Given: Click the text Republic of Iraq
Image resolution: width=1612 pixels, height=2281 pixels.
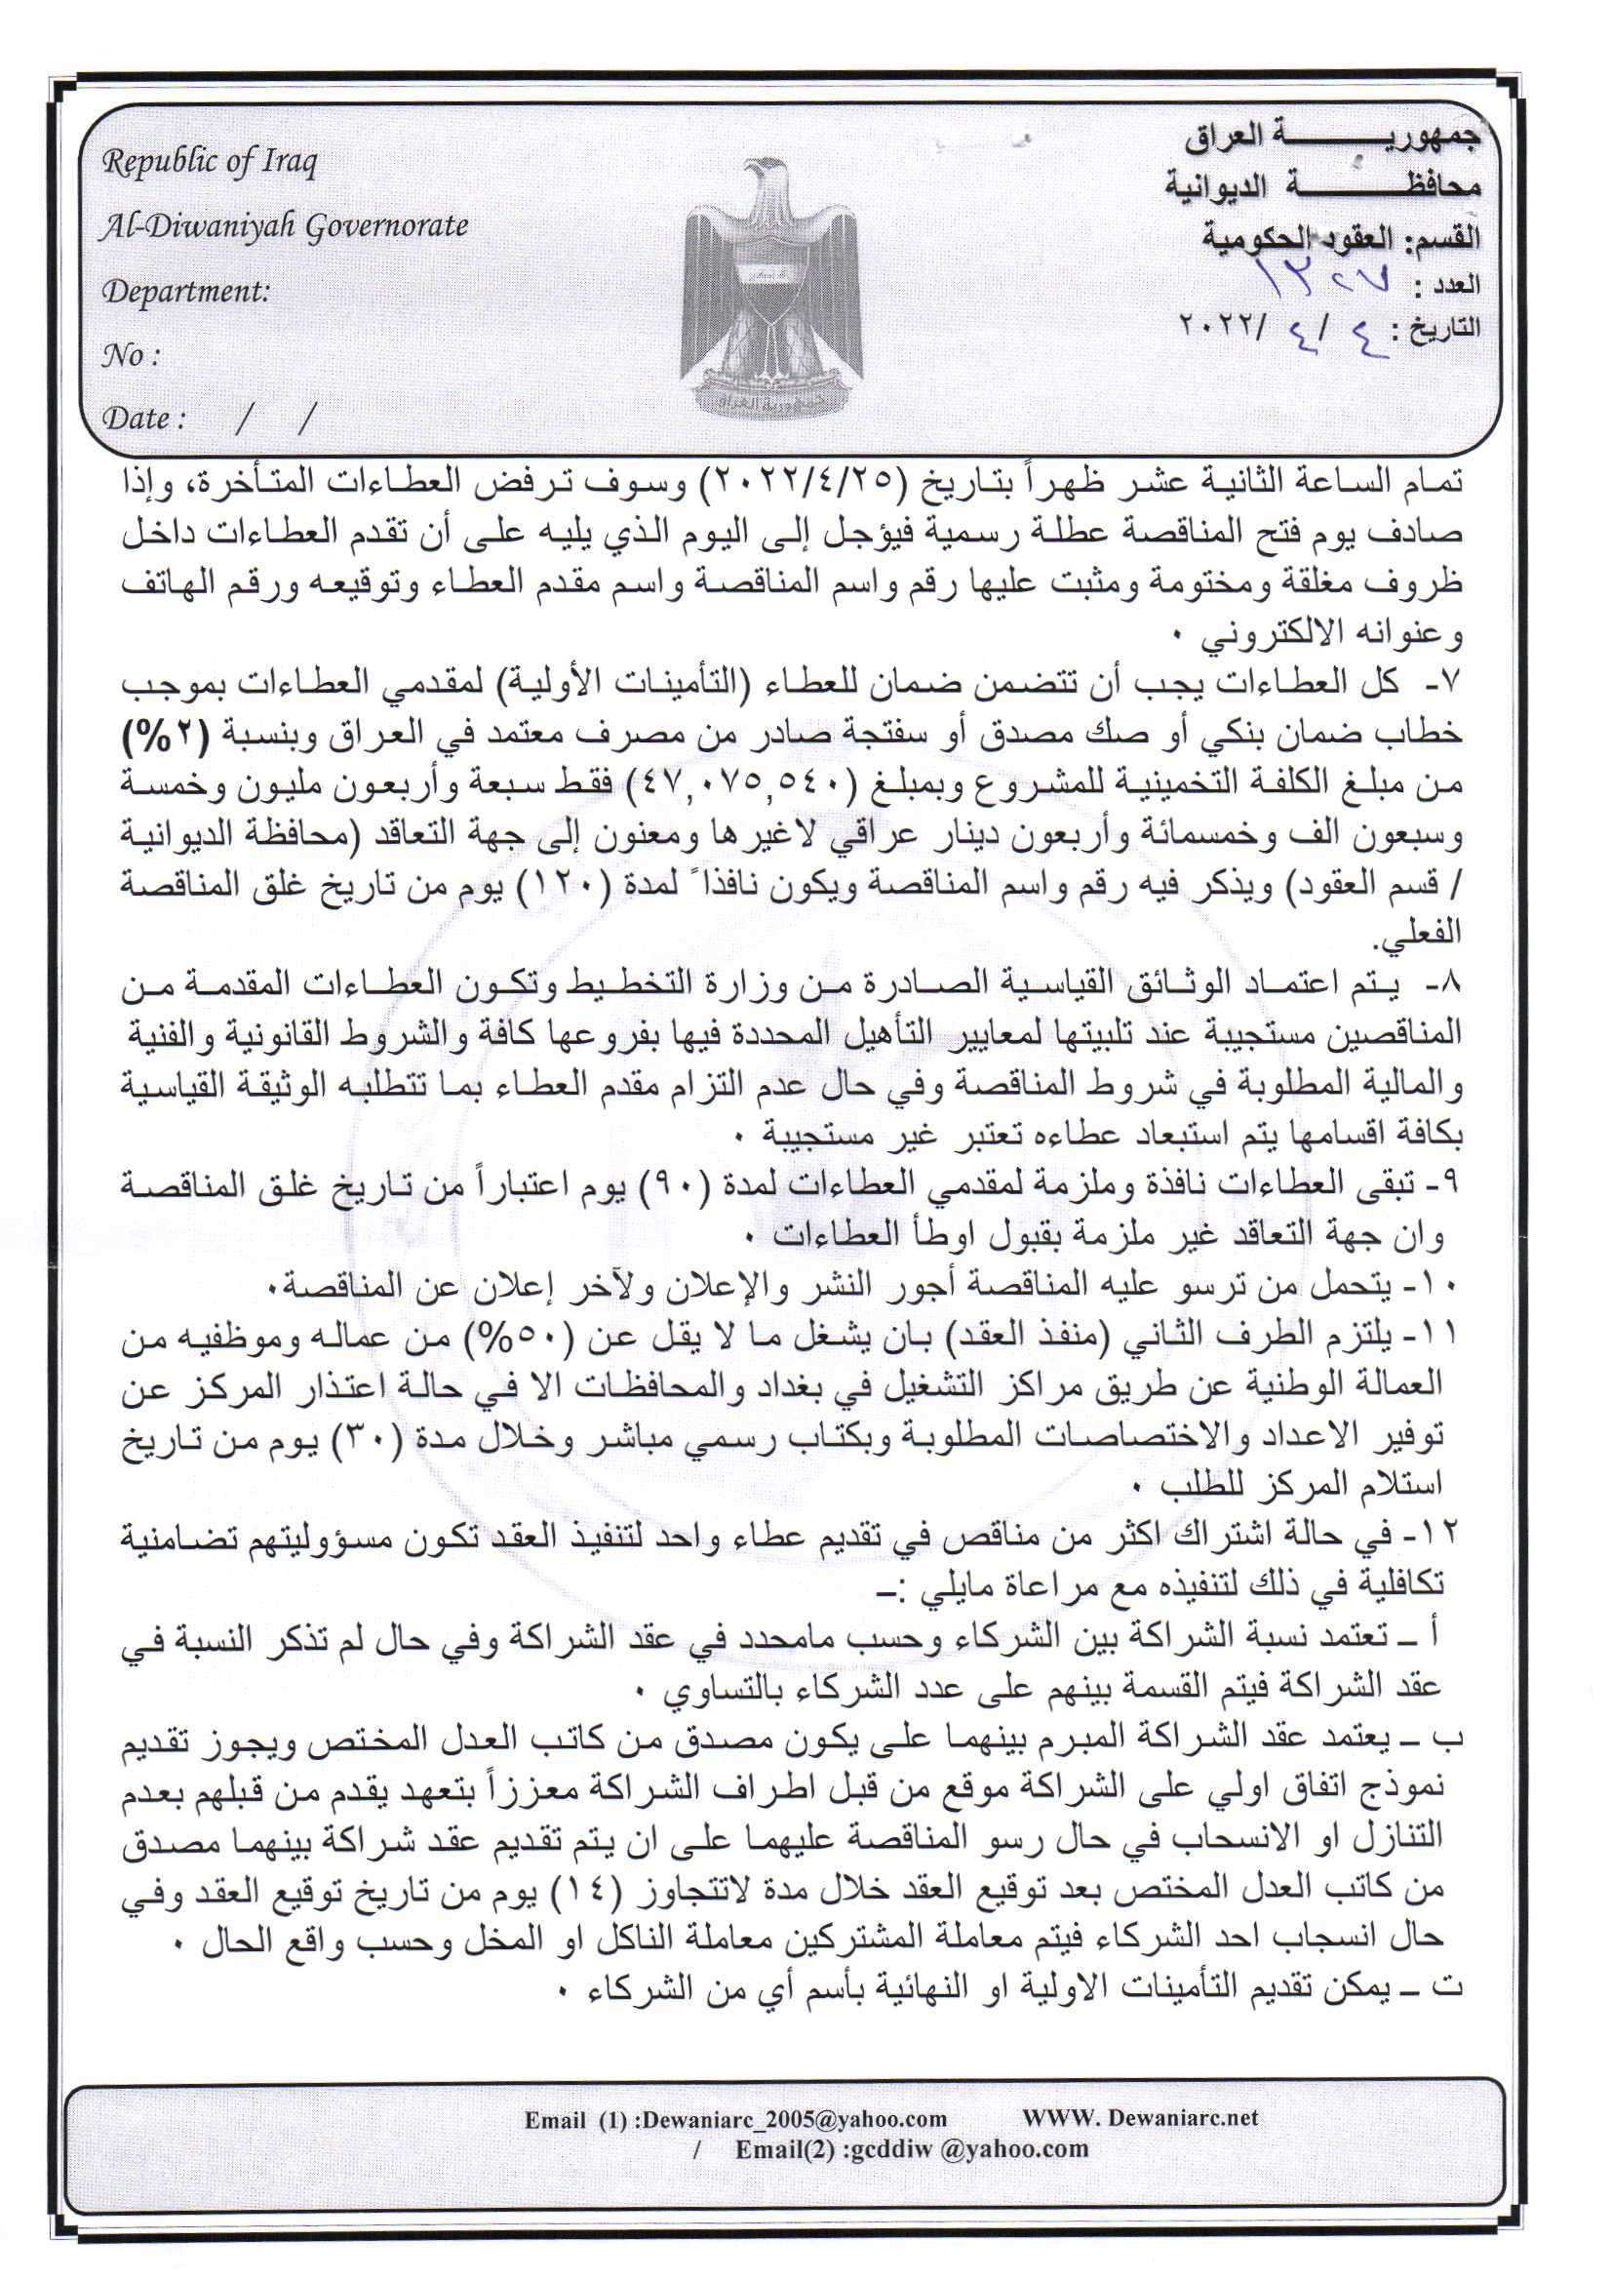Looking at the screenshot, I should (210, 162).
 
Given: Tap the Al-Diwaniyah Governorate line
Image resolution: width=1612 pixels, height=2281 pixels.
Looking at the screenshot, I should (284, 226).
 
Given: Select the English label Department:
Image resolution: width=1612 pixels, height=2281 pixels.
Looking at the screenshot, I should (185, 291).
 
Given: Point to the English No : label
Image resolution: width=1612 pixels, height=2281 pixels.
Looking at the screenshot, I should (130, 355).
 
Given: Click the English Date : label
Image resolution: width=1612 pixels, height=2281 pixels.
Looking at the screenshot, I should (143, 418).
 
